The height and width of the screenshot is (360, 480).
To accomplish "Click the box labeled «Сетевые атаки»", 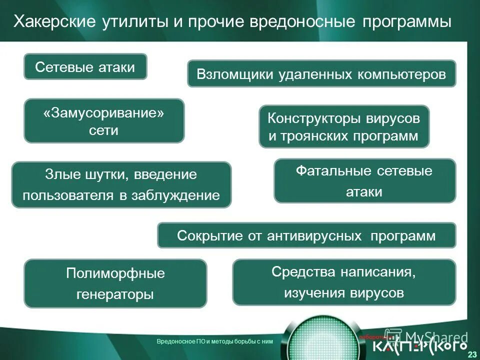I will [x=85, y=66].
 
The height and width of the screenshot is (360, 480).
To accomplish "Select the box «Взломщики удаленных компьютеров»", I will [x=321, y=74].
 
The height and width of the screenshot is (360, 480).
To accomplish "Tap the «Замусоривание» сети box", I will [x=104, y=121].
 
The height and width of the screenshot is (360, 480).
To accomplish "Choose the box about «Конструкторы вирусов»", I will [x=344, y=126].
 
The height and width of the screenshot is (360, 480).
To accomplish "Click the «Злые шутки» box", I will [x=121, y=184].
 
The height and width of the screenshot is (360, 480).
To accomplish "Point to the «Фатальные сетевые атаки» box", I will [x=364, y=181].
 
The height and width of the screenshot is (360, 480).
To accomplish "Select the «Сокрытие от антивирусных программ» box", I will [x=306, y=235].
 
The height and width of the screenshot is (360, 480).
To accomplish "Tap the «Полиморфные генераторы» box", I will [x=115, y=283].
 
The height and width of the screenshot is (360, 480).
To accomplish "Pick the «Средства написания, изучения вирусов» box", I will [x=344, y=282].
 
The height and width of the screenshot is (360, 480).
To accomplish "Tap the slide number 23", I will [x=471, y=354].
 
